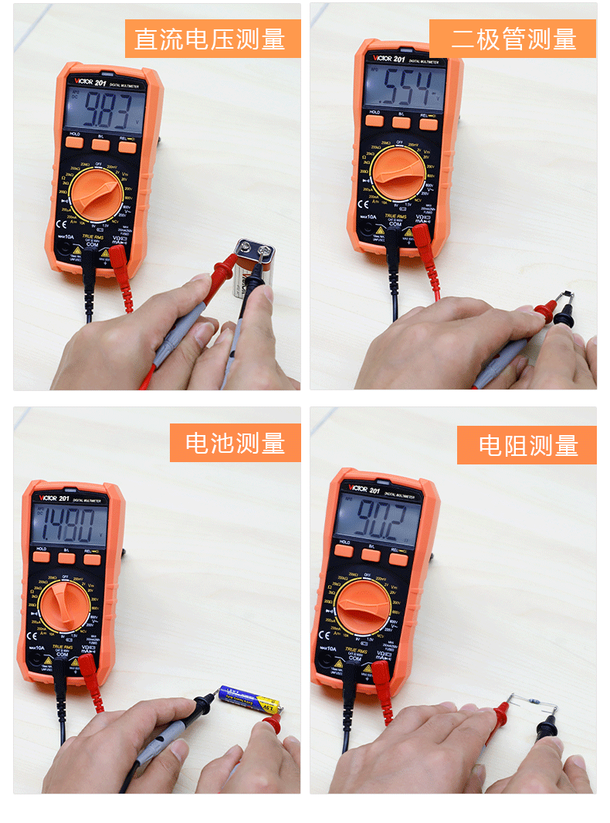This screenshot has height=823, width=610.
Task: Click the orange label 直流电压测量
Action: tap(212, 39)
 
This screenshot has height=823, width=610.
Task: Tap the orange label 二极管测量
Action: tap(513, 39)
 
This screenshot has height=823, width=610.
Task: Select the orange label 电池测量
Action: tap(235, 443)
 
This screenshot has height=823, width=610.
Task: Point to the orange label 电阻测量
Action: tap(527, 445)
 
